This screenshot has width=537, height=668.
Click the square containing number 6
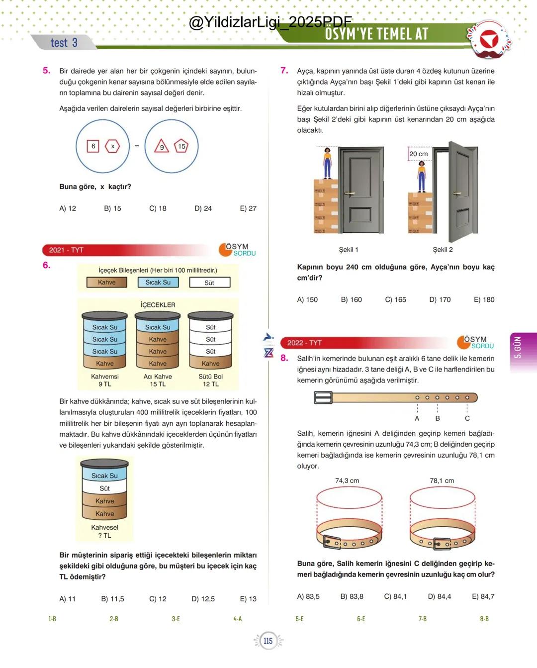tap(93, 146)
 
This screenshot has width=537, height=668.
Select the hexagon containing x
tap(112, 146)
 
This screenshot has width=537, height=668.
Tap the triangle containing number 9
tap(162, 147)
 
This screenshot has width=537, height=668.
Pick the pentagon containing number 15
tap(181, 146)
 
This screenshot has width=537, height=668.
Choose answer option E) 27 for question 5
tap(248, 208)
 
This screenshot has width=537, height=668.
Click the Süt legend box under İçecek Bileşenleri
tap(209, 283)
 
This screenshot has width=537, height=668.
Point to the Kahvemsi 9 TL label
tap(105, 381)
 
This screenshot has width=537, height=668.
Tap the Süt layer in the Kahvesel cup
tap(104, 488)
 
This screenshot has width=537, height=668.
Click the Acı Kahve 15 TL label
tap(158, 381)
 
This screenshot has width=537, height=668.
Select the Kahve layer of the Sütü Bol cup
tap(210, 364)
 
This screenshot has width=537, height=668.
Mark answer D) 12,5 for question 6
tap(203, 599)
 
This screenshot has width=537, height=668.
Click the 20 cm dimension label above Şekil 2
tap(418, 154)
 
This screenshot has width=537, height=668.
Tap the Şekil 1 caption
tap(349, 250)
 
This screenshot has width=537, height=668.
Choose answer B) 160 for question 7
tap(351, 299)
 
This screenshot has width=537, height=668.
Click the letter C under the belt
tap(467, 418)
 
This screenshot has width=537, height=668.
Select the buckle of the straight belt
tap(323, 397)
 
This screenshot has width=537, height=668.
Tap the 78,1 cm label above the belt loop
tap(442, 480)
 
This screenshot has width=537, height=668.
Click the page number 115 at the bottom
tap(268, 641)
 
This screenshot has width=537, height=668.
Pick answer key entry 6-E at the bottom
tap(361, 619)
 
